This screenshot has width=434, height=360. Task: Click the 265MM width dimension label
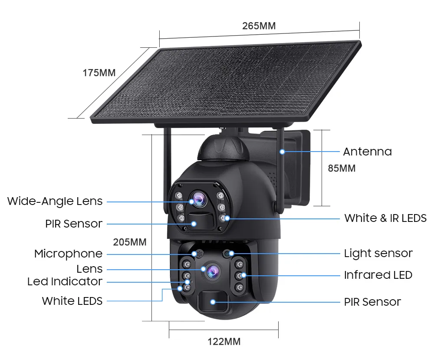[259, 26]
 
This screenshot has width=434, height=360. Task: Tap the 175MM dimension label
[99, 73]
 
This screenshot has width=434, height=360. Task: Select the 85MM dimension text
[342, 168]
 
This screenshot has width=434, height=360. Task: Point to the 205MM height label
[130, 242]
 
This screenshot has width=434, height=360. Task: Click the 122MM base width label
[224, 341]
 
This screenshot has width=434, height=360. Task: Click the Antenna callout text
[367, 152]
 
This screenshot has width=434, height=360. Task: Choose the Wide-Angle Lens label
[55, 201]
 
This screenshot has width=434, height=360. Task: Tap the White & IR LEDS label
[385, 218]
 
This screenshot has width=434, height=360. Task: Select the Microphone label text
[69, 254]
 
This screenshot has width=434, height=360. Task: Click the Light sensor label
[378, 253]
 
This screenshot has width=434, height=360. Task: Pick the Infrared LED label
[378, 275]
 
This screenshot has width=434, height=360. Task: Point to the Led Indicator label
[65, 281]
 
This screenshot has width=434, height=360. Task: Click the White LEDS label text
[72, 301]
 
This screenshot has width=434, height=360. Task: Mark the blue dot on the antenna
[282, 152]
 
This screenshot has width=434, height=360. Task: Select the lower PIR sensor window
[212, 302]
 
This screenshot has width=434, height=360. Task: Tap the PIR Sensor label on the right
[372, 302]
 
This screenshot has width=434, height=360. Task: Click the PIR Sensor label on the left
[74, 224]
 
